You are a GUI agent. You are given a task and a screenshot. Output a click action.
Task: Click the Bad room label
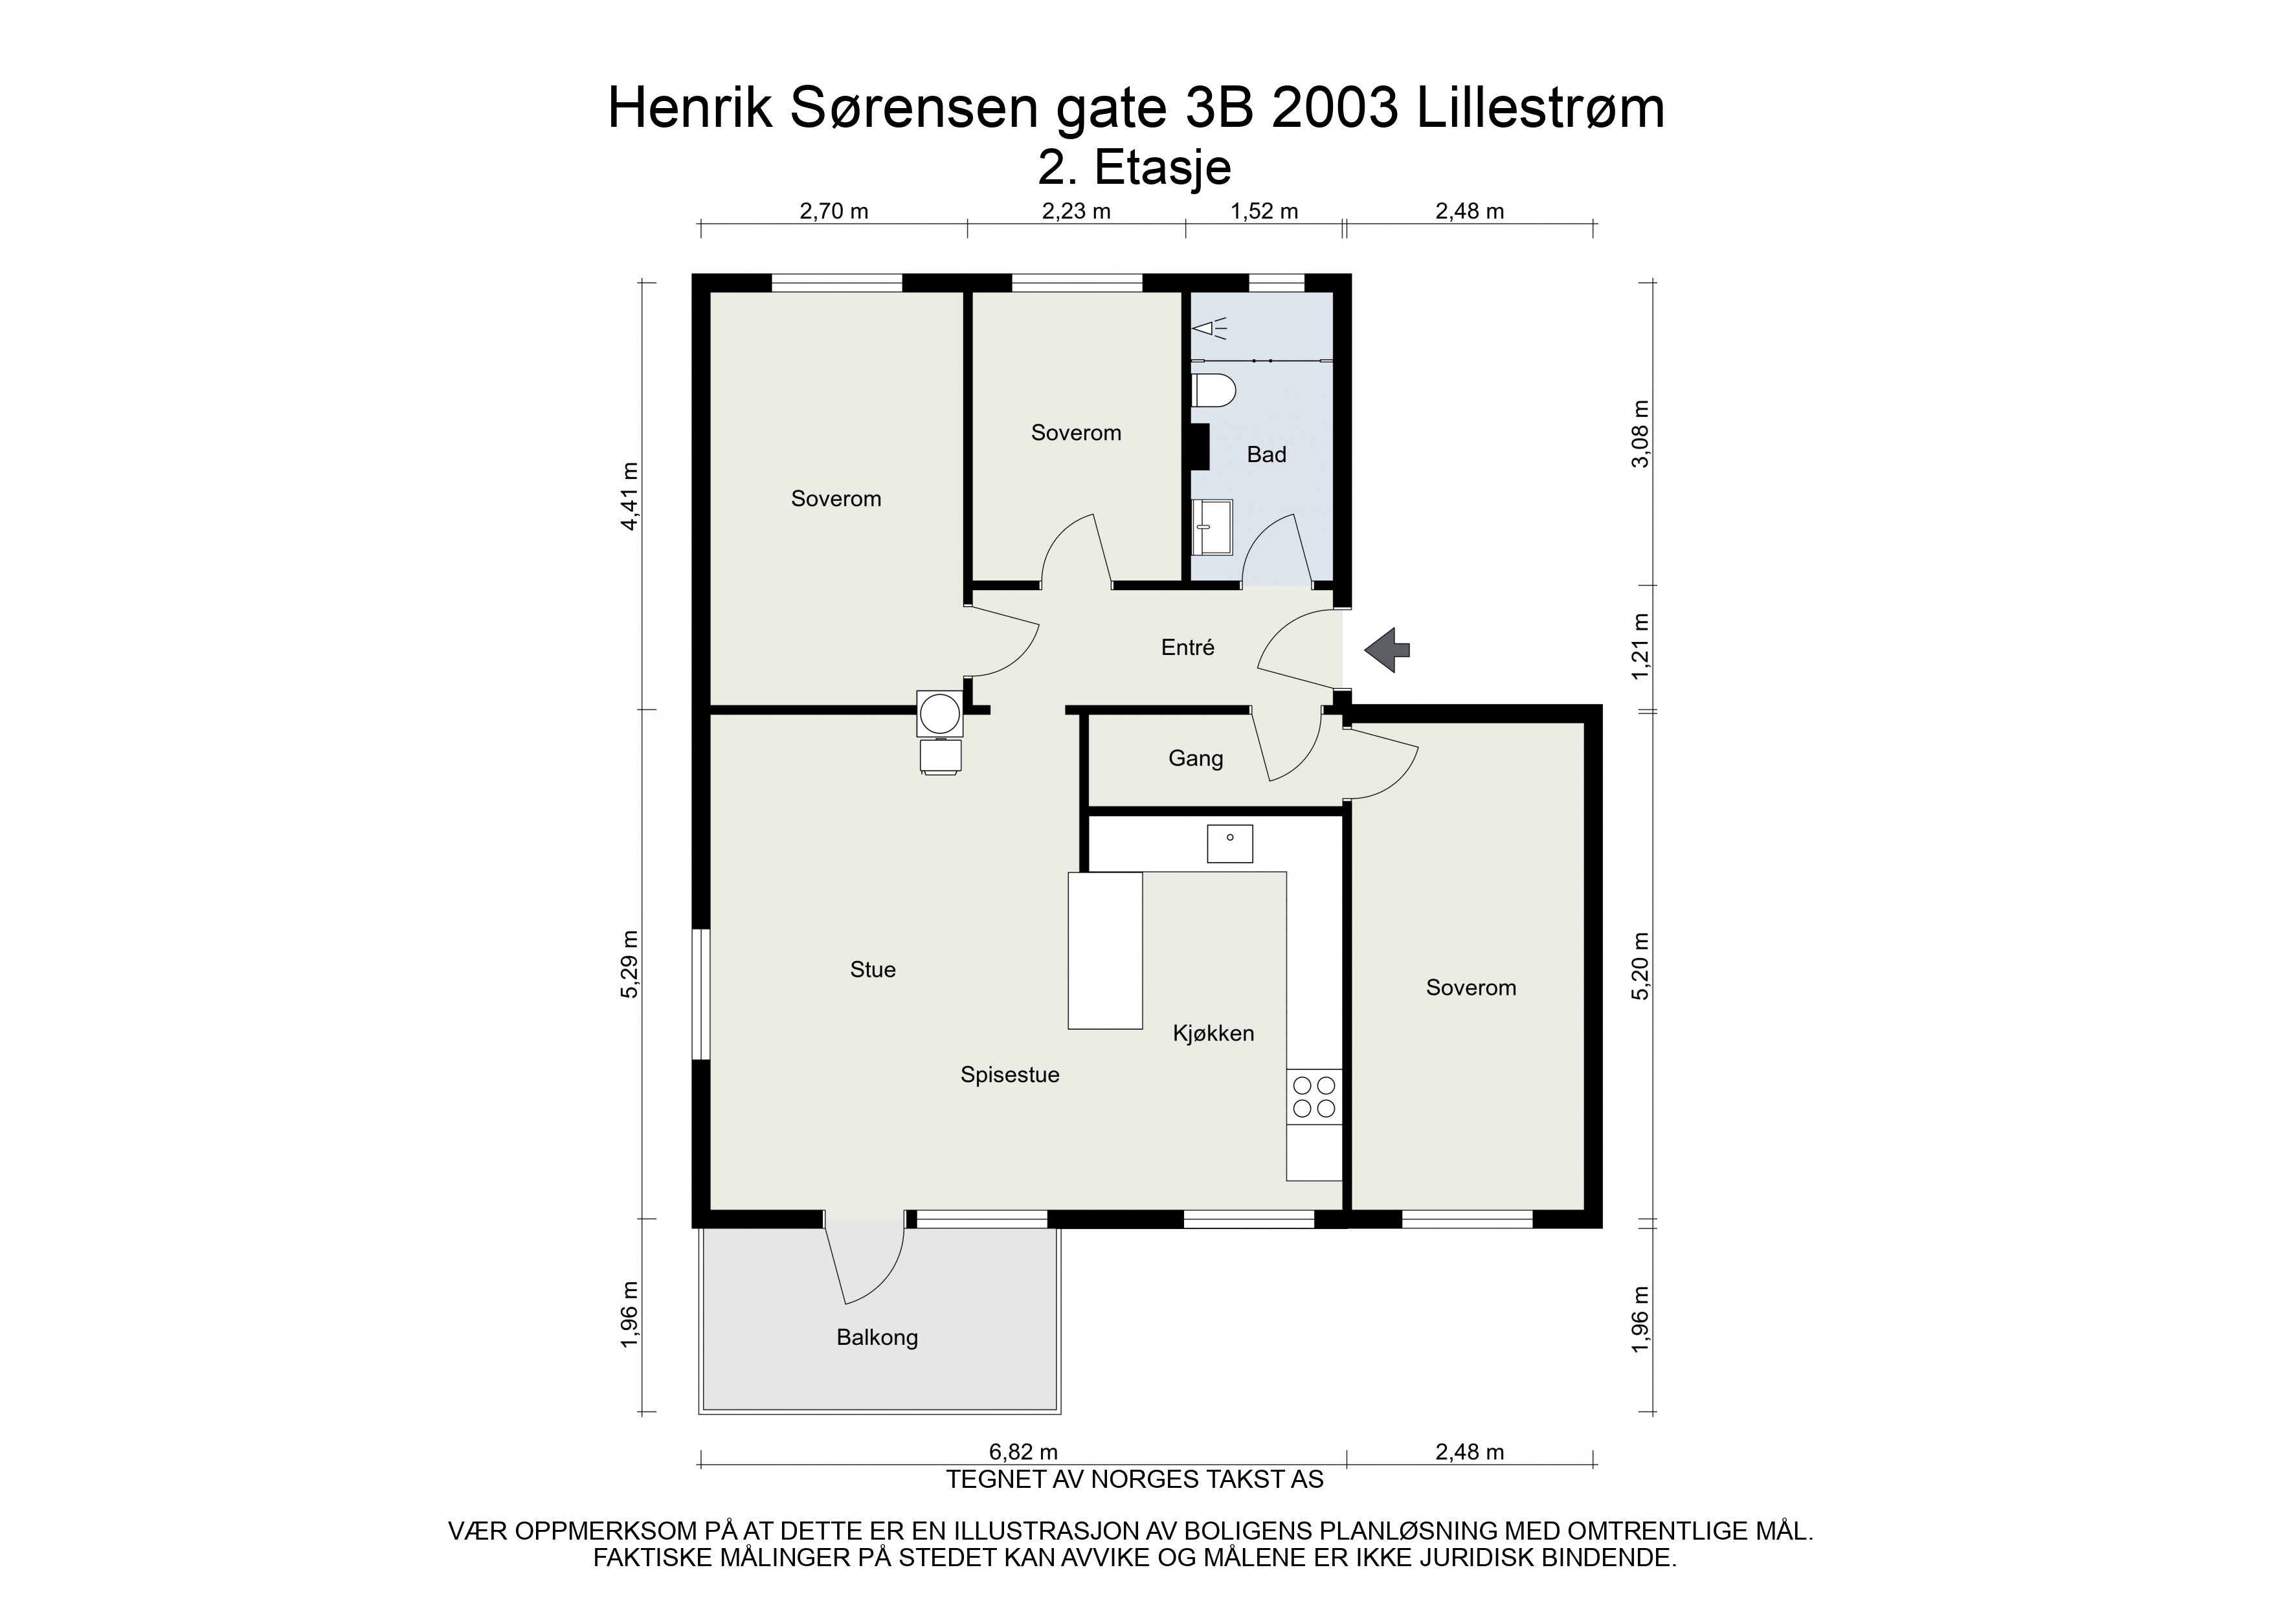click(x=1266, y=455)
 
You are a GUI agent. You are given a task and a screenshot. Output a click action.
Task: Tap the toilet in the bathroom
click(x=1214, y=392)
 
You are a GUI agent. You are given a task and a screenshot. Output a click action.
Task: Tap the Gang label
click(x=1195, y=758)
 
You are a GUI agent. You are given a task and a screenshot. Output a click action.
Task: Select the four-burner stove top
click(x=1314, y=1097)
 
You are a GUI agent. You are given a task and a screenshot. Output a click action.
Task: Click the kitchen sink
click(x=1229, y=843)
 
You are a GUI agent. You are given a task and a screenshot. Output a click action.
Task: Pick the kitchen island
click(x=1105, y=950)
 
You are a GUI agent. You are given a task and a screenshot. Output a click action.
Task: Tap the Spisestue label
click(x=1010, y=1075)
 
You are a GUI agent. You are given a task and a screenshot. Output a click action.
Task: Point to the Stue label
click(x=873, y=970)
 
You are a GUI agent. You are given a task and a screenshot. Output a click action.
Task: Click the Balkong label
click(x=877, y=1338)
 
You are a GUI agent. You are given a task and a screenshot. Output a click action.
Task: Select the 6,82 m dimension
click(x=1023, y=1452)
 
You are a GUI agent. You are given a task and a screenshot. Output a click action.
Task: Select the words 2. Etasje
click(x=1134, y=169)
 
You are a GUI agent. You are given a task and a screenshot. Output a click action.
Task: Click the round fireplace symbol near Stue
click(x=939, y=713)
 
